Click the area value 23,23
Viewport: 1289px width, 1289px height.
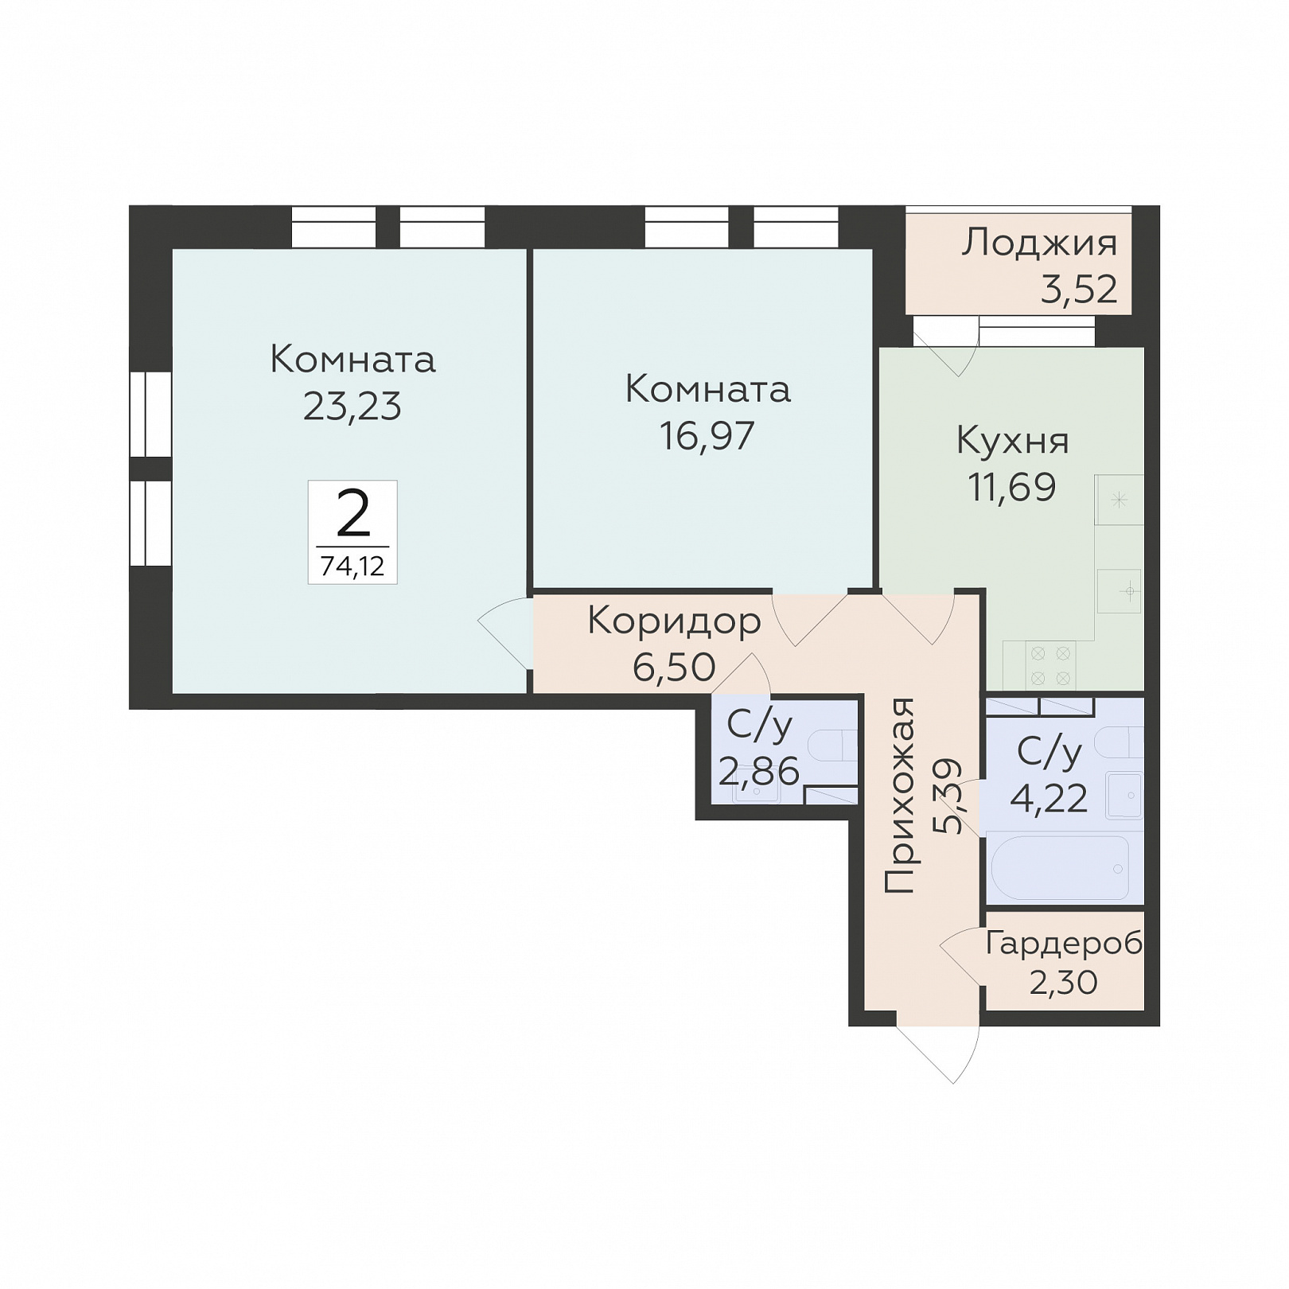(352, 406)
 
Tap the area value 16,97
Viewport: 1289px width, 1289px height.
(707, 435)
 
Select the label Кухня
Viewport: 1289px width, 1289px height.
(1012, 441)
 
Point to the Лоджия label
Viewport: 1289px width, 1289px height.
(1039, 242)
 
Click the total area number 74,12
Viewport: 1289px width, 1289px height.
(352, 566)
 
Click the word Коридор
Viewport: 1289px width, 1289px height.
(675, 621)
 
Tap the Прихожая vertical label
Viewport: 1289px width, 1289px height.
(900, 796)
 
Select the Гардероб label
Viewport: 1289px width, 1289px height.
(1064, 944)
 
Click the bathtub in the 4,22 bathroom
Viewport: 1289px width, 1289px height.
(1060, 868)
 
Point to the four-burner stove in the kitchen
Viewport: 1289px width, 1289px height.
(1050, 666)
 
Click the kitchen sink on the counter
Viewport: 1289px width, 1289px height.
(1120, 590)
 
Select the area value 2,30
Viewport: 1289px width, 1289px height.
(1064, 983)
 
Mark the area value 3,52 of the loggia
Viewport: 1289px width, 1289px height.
(1079, 290)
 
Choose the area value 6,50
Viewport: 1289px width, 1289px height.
(674, 668)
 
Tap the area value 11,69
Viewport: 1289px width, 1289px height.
(1012, 487)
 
